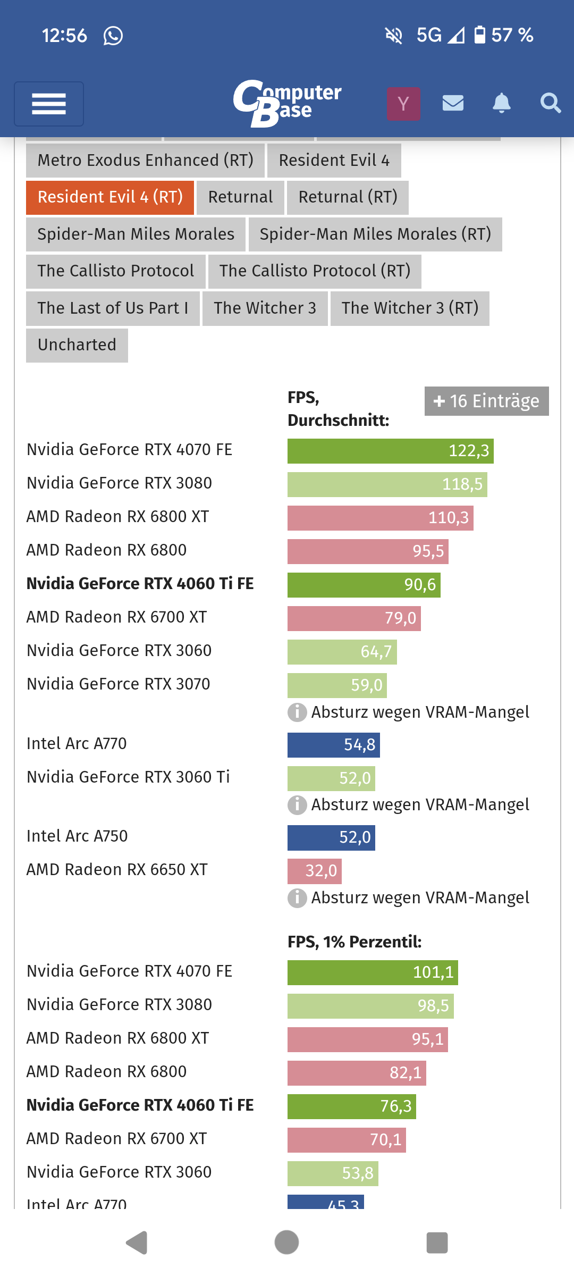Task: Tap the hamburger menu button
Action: pyautogui.click(x=49, y=104)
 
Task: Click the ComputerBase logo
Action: pyautogui.click(x=288, y=103)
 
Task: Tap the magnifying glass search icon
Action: pyautogui.click(x=550, y=103)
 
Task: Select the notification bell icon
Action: pyautogui.click(x=501, y=103)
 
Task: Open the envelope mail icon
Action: pyautogui.click(x=453, y=103)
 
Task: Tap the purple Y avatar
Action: pyautogui.click(x=403, y=104)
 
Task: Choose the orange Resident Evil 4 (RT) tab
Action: pyautogui.click(x=110, y=197)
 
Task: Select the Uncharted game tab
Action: pyautogui.click(x=77, y=345)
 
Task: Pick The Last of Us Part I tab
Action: pyautogui.click(x=113, y=308)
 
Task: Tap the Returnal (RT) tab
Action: pyautogui.click(x=348, y=197)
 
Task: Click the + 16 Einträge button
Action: pyautogui.click(x=486, y=401)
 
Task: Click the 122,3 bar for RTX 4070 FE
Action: pyautogui.click(x=390, y=451)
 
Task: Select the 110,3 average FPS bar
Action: pyautogui.click(x=380, y=518)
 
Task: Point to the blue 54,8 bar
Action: pyautogui.click(x=333, y=745)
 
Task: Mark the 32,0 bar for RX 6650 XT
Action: pyautogui.click(x=314, y=871)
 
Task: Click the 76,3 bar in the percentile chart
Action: pyautogui.click(x=351, y=1106)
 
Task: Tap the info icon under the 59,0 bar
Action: pyautogui.click(x=297, y=712)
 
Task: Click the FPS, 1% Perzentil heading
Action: pyautogui.click(x=354, y=942)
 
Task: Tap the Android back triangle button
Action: pyautogui.click(x=137, y=1243)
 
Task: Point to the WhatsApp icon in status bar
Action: pyautogui.click(x=113, y=36)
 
